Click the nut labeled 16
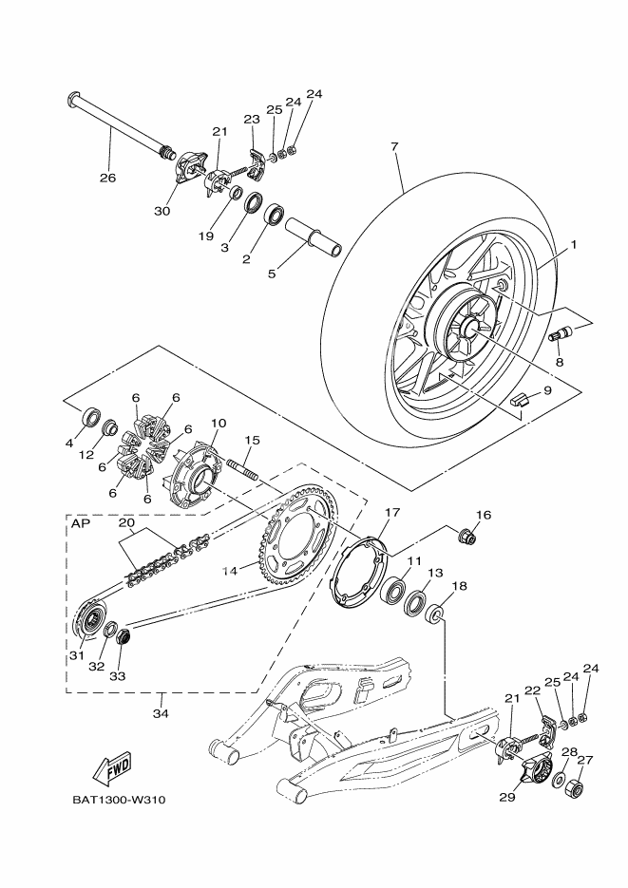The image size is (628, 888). pyautogui.click(x=467, y=537)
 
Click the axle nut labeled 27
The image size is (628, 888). pyautogui.click(x=577, y=787)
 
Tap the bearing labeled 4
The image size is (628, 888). pyautogui.click(x=91, y=416)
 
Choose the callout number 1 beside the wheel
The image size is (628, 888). pyautogui.click(x=573, y=245)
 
